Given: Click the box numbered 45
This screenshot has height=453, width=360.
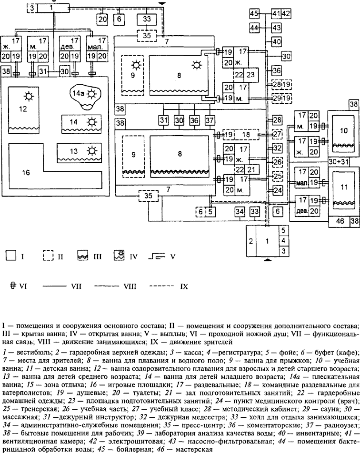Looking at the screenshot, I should click(x=254, y=13).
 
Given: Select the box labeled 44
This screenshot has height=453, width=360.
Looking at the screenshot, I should click(x=254, y=29).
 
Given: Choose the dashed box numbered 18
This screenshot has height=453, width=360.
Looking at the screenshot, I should click(x=246, y=135).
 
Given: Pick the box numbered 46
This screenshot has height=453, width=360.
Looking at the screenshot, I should click(x=340, y=221).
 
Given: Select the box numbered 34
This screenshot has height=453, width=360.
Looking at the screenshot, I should click(x=241, y=211).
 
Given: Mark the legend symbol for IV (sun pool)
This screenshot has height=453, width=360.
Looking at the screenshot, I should click(x=119, y=256).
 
